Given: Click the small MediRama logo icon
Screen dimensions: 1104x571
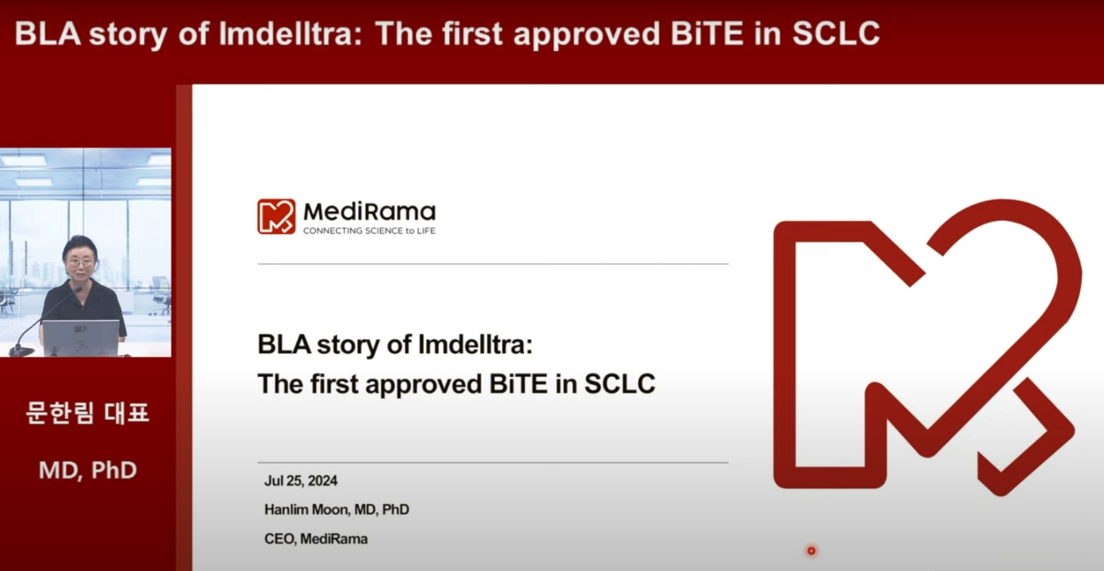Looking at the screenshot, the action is [x=276, y=216].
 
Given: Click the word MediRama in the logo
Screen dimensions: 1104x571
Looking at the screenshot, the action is [x=369, y=212].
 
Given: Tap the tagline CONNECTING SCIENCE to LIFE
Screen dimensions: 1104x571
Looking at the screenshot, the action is [x=369, y=231].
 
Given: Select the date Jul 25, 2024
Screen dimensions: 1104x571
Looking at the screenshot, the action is [x=301, y=481].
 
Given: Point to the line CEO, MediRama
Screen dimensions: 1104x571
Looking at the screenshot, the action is [x=316, y=539].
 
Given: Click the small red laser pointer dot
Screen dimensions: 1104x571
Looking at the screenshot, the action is [x=811, y=551].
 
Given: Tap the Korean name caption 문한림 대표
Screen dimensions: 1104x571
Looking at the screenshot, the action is [x=87, y=413].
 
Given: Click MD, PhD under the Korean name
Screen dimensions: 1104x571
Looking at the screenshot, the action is [x=88, y=470].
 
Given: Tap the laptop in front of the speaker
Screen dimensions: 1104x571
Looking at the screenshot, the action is [x=80, y=338].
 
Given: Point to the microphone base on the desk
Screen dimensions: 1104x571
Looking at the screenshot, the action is [x=22, y=351].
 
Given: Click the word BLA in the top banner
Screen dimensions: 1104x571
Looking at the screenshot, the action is [x=48, y=33].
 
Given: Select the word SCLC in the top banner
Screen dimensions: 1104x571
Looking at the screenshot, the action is [x=836, y=33].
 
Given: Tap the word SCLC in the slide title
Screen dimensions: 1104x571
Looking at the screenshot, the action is [x=620, y=384].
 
